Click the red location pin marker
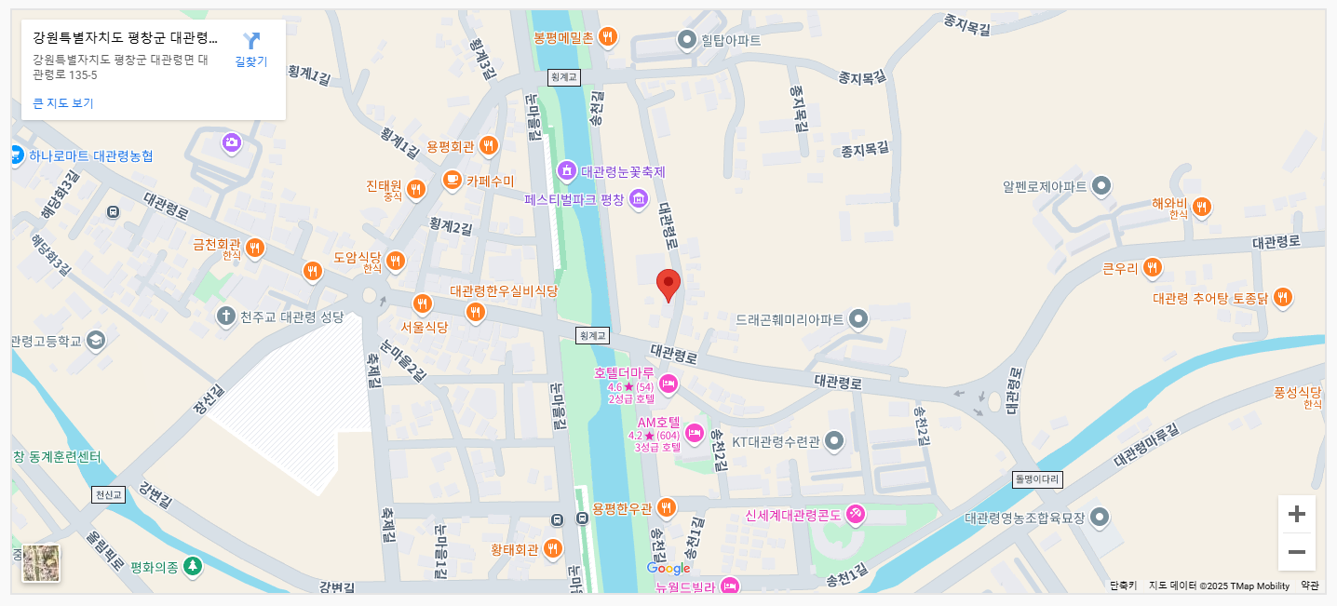tap(668, 284)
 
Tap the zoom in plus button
tap(1296, 514)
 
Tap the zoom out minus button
tap(1296, 552)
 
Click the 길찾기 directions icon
tap(251, 41)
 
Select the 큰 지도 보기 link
tap(63, 103)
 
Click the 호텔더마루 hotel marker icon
tap(668, 383)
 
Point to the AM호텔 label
tap(658, 422)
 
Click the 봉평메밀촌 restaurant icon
tap(607, 37)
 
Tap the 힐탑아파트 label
tap(731, 40)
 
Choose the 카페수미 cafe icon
tap(452, 180)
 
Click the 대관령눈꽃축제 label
tap(623, 171)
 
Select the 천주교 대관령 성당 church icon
tap(224, 316)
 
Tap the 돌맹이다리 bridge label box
tap(1037, 479)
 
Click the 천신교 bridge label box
tap(107, 494)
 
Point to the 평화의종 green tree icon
tap(192, 566)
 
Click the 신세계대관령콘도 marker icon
tap(856, 514)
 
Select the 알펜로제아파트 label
tap(1045, 186)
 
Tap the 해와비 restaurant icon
tap(1201, 207)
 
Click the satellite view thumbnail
tap(41, 563)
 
